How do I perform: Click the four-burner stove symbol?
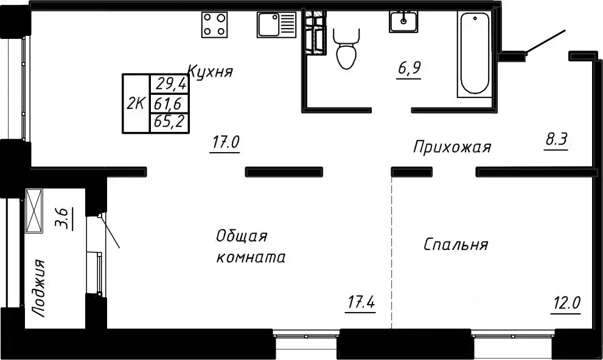tap(214, 24)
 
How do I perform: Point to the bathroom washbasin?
tap(403, 22)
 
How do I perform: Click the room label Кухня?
tap(211, 72)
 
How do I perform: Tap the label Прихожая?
tap(451, 147)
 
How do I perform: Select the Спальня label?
tap(456, 245)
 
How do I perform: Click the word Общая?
tap(242, 236)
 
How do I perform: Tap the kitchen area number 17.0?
tap(225, 144)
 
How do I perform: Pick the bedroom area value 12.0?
tap(566, 302)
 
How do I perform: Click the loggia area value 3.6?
tap(63, 217)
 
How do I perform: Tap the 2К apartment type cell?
tap(136, 103)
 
